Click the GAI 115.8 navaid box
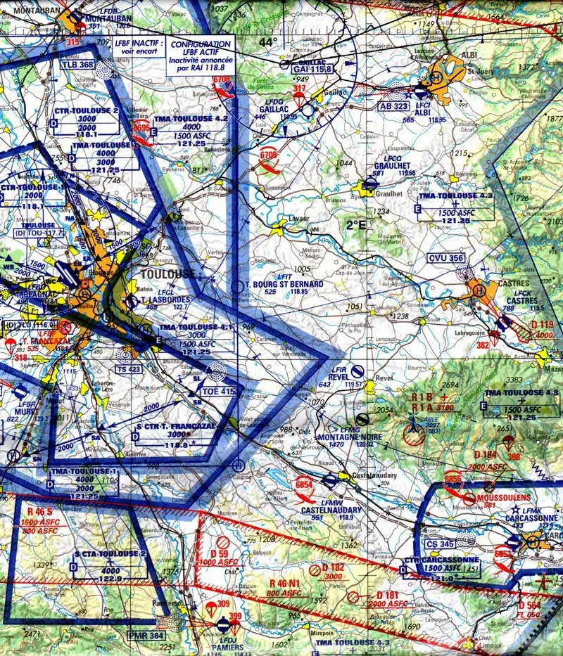313,68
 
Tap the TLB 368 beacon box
77,65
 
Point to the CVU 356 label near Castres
446,258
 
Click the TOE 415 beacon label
217,391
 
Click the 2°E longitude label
356,225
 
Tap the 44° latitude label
267,42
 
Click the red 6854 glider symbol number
304,483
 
